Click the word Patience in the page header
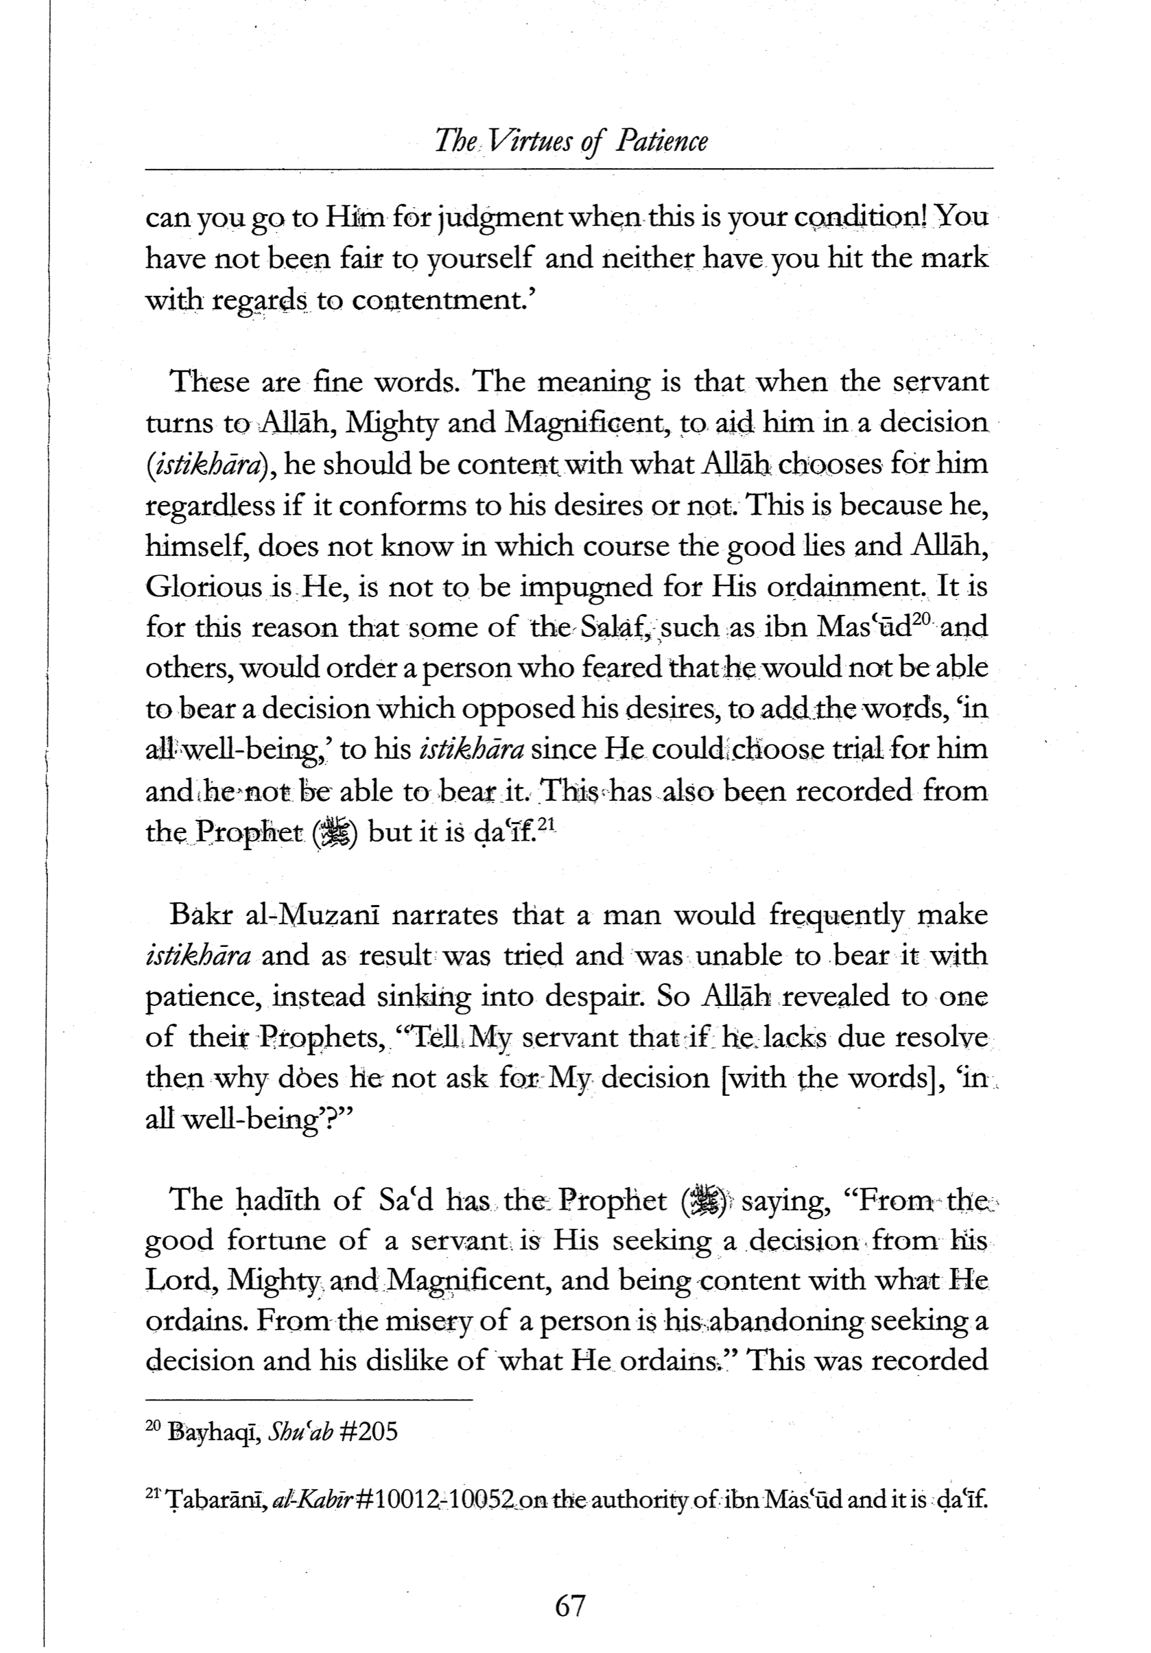pos(661,141)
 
